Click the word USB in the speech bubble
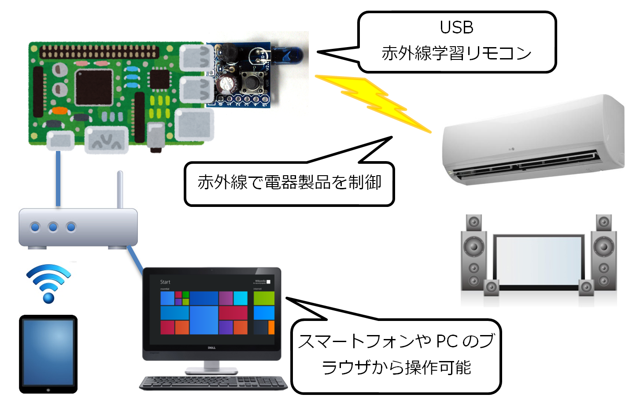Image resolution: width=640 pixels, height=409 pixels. (x=456, y=28)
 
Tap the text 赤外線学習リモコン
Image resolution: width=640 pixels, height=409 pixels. (x=456, y=54)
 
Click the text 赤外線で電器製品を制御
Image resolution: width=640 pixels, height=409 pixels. (x=289, y=182)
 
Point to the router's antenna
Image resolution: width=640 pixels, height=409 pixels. (x=120, y=189)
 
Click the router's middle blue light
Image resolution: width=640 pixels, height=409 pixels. (x=53, y=227)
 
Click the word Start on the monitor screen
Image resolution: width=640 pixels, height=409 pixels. (x=165, y=282)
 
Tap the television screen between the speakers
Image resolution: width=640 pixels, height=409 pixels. (x=538, y=262)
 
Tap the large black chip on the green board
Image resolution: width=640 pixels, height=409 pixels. (x=94, y=87)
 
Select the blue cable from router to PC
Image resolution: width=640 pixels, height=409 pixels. (x=135, y=260)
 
